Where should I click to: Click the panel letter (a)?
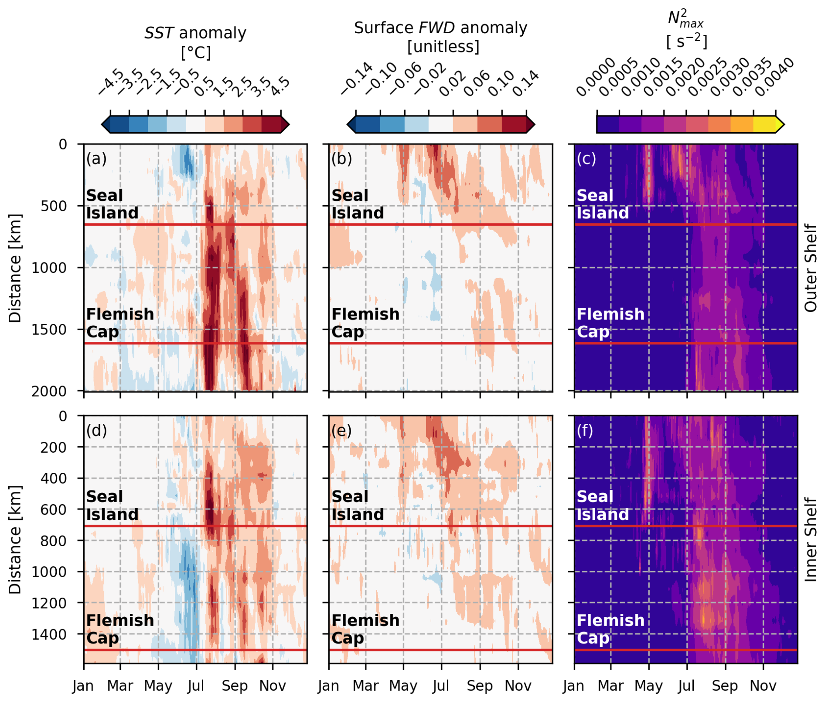[96, 158]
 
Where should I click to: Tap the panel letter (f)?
[585, 430]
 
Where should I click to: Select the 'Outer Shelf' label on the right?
[811, 268]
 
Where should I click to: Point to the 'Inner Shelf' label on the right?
[811, 539]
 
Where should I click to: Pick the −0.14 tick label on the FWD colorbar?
[357, 79]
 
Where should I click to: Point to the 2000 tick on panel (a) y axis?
[49, 391]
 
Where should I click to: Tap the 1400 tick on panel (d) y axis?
[49, 634]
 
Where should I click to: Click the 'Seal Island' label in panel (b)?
[358, 204]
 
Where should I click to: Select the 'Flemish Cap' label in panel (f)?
[610, 629]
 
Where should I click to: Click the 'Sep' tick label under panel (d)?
[235, 686]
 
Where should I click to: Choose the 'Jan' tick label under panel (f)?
[573, 686]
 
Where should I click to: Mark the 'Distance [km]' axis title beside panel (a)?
[15, 268]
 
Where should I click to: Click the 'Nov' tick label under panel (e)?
[518, 686]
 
